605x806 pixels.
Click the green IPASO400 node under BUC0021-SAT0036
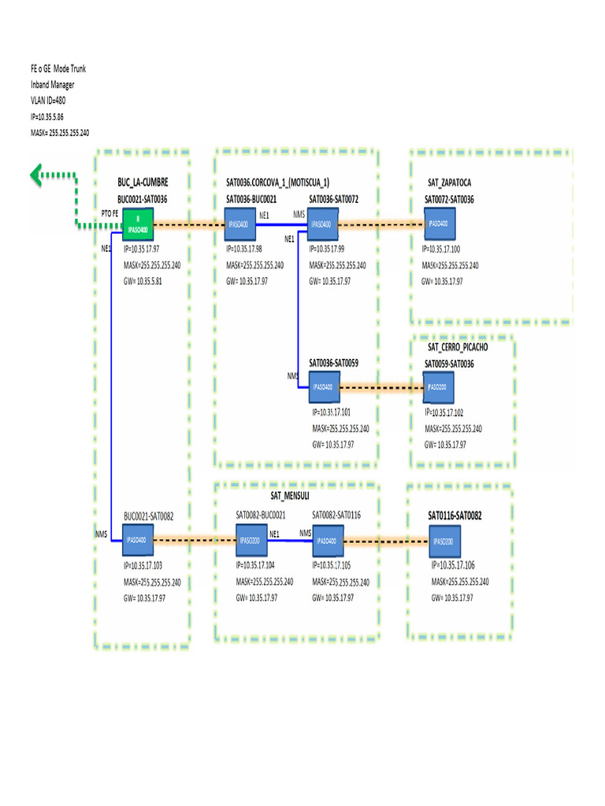coord(138,224)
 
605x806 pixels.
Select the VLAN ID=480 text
coord(48,101)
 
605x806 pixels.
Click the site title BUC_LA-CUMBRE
coord(143,183)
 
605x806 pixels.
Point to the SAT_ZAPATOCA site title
coord(450,183)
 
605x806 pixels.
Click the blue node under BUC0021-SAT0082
coord(138,541)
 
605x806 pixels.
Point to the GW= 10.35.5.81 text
coord(150,281)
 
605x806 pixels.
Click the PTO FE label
coord(111,213)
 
